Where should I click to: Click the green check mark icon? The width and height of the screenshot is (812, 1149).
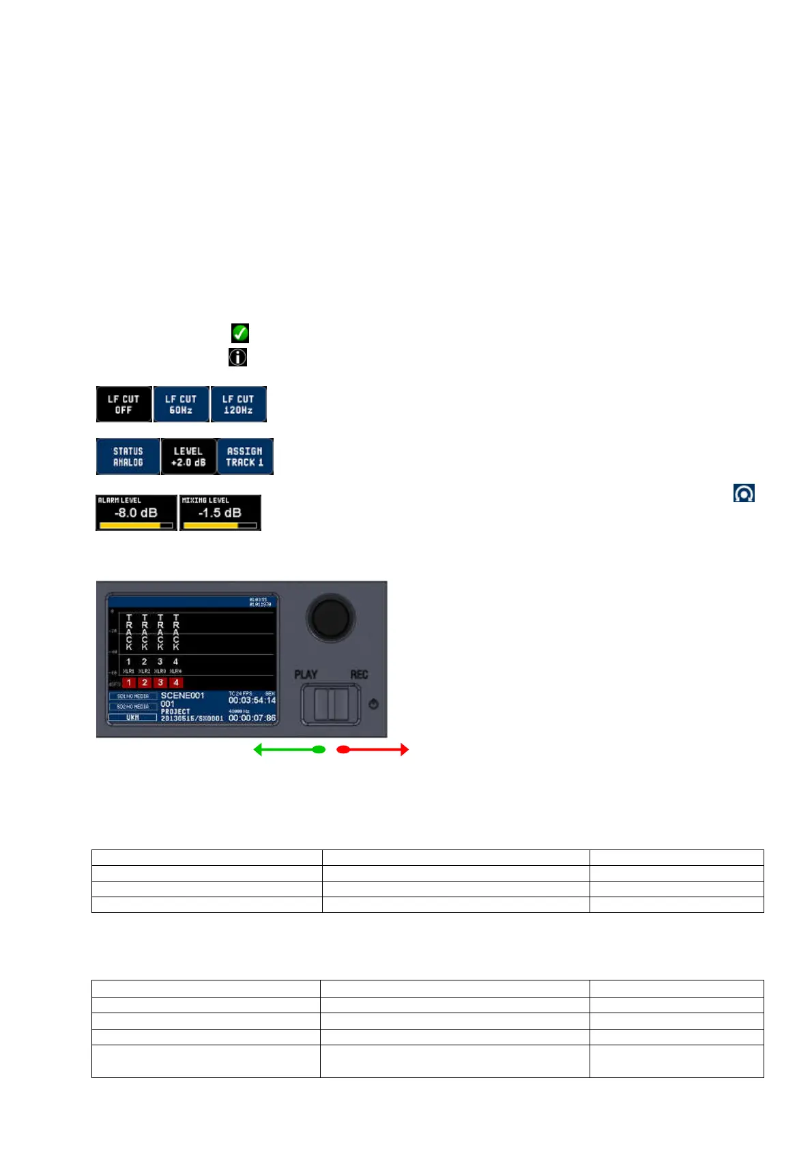click(x=240, y=333)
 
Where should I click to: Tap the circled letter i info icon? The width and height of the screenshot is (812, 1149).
click(x=237, y=357)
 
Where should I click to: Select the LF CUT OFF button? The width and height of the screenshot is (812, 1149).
click(x=124, y=405)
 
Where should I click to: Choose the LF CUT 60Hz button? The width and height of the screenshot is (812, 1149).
click(x=181, y=405)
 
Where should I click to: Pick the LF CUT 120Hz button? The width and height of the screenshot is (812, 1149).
click(x=238, y=405)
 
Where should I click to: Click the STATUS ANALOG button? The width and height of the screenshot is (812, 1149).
click(x=128, y=456)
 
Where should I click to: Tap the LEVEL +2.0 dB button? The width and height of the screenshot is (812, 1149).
click(x=188, y=456)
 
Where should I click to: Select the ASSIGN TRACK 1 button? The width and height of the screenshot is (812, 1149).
click(x=245, y=456)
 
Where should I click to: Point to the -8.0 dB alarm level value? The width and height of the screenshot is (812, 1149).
click(x=136, y=513)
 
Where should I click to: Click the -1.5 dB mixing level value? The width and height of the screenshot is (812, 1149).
click(x=220, y=513)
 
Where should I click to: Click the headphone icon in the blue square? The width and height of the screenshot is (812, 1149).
click(x=744, y=493)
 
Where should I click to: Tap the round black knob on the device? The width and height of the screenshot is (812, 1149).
click(x=331, y=617)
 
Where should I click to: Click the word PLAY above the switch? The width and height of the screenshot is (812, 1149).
click(x=306, y=674)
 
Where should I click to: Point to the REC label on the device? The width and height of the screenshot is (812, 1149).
click(x=359, y=674)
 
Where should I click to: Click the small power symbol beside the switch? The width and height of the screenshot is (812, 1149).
click(x=373, y=704)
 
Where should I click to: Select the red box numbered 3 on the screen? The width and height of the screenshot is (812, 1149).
click(x=160, y=682)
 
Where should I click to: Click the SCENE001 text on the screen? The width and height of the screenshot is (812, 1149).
click(x=182, y=695)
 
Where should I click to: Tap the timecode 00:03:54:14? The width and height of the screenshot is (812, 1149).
click(x=252, y=701)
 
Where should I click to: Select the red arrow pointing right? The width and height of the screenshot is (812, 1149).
click(x=373, y=750)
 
